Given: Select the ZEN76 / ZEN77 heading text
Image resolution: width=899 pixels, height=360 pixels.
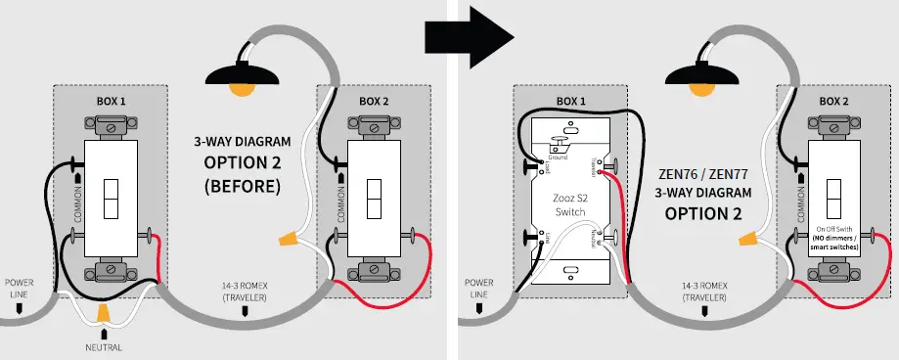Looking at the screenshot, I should coord(703,173).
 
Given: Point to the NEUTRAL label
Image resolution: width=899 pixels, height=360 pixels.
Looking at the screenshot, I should coord(103,346).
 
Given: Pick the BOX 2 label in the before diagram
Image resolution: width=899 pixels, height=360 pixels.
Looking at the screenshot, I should coord(373,101).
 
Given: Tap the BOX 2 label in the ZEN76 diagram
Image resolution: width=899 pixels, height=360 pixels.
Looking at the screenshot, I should coord(833,101).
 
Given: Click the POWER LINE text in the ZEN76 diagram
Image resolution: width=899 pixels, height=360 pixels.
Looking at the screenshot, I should coord(478,289).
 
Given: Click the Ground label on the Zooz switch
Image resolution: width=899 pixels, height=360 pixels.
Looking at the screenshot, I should coord(558,157).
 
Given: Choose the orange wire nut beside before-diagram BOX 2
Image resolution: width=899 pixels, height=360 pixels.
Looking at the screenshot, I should coord(289,237).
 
